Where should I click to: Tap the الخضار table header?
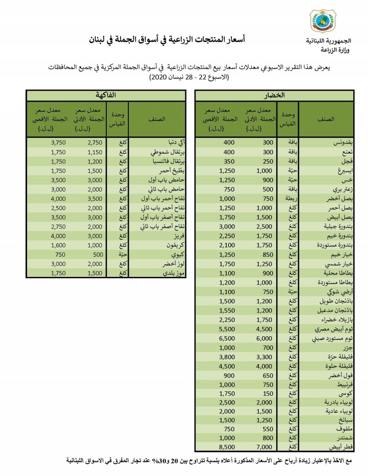click(x=275, y=96)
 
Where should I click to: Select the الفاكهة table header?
click(x=105, y=96)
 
